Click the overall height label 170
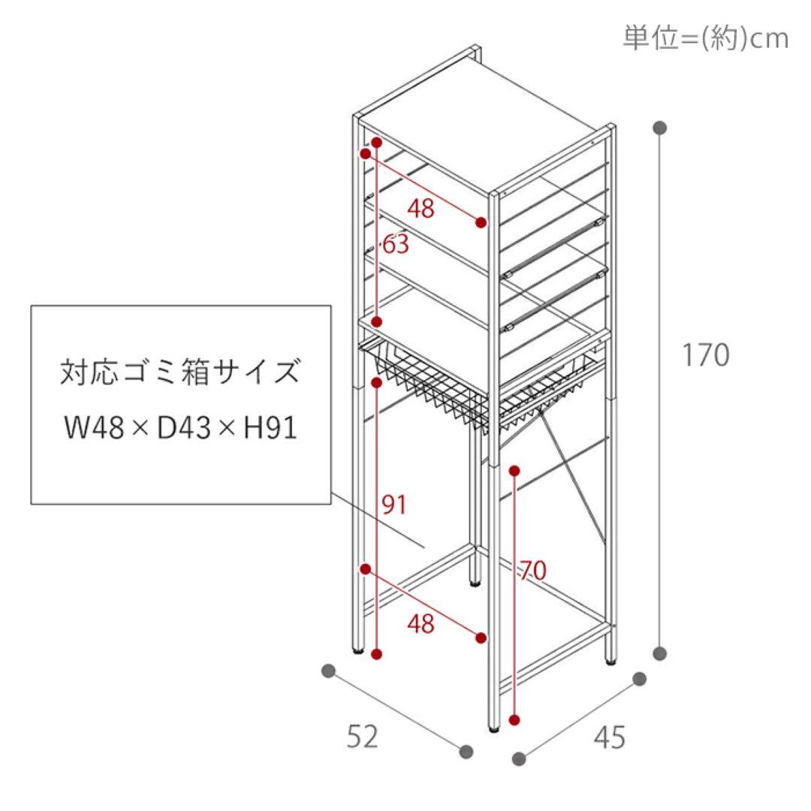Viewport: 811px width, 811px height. [705, 354]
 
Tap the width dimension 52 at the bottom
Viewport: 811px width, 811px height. [363, 737]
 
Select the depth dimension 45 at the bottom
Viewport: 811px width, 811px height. [610, 737]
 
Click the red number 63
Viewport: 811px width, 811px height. [396, 243]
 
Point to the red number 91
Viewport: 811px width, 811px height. [394, 505]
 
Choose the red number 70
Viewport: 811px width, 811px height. [532, 571]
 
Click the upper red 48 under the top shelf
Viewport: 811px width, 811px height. [421, 209]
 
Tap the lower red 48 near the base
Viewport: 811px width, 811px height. [421, 624]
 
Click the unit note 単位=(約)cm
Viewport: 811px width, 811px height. [705, 38]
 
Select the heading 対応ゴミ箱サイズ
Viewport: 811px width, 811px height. [180, 372]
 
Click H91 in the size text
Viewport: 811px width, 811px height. [270, 428]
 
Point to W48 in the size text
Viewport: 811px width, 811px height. [95, 428]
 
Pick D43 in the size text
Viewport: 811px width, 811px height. [184, 428]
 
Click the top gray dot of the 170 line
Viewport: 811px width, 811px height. [659, 128]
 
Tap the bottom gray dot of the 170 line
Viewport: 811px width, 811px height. [659, 654]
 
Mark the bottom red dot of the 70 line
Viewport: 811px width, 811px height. [514, 719]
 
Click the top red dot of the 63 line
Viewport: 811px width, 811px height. [377, 142]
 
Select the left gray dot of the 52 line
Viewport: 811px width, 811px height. [328, 671]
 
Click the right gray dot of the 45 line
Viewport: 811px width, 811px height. [640, 679]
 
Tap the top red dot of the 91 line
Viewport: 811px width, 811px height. [377, 382]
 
